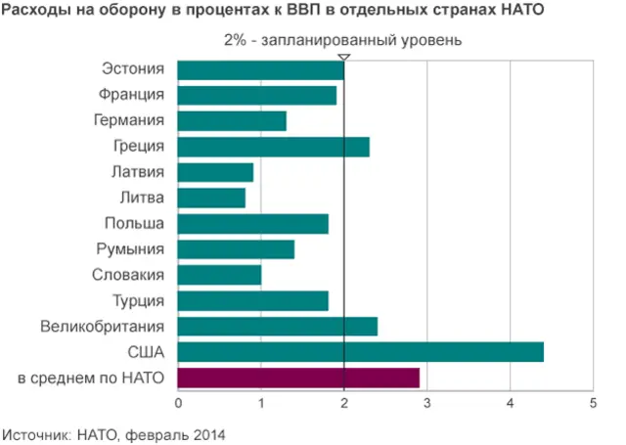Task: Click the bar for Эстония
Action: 260,70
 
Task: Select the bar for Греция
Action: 273,147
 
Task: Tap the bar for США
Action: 360,352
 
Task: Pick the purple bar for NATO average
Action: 298,378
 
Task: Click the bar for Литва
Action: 211,199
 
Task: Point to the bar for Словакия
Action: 219,275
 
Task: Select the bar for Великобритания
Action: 277,326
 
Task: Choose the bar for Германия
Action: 232,121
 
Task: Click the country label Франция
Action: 131,95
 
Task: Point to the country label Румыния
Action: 131,249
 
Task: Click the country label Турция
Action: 137,300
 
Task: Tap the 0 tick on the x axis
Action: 178,402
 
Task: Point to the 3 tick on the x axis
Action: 426,402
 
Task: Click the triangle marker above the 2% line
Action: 344,57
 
